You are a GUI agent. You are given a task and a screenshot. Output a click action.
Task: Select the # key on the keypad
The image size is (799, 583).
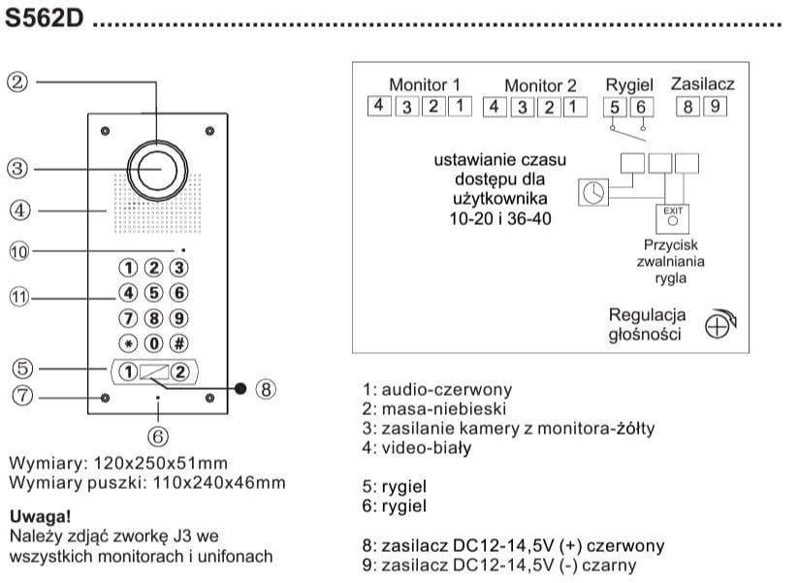[178, 342]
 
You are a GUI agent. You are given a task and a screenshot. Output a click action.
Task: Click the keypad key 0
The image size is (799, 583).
[153, 342]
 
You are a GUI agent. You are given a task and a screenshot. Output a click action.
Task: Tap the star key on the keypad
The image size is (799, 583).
[128, 342]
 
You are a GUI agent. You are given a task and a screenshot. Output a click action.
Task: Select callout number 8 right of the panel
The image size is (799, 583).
[267, 389]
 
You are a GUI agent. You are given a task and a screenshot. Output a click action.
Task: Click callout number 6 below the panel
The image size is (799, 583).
[158, 437]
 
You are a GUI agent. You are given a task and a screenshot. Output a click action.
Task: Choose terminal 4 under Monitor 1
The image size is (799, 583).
[380, 106]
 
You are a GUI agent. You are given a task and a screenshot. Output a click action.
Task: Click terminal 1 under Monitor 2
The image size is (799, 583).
[576, 106]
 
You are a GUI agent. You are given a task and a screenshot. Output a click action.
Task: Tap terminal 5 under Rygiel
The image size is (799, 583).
[615, 106]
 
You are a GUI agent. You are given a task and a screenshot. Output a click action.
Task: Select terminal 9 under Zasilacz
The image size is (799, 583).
[715, 106]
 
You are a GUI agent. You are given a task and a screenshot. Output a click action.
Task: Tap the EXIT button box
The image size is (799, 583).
[672, 215]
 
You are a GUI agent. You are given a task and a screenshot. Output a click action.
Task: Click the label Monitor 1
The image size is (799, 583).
[424, 84]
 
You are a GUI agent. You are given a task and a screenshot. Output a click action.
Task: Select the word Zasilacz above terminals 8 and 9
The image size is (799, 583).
[702, 83]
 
